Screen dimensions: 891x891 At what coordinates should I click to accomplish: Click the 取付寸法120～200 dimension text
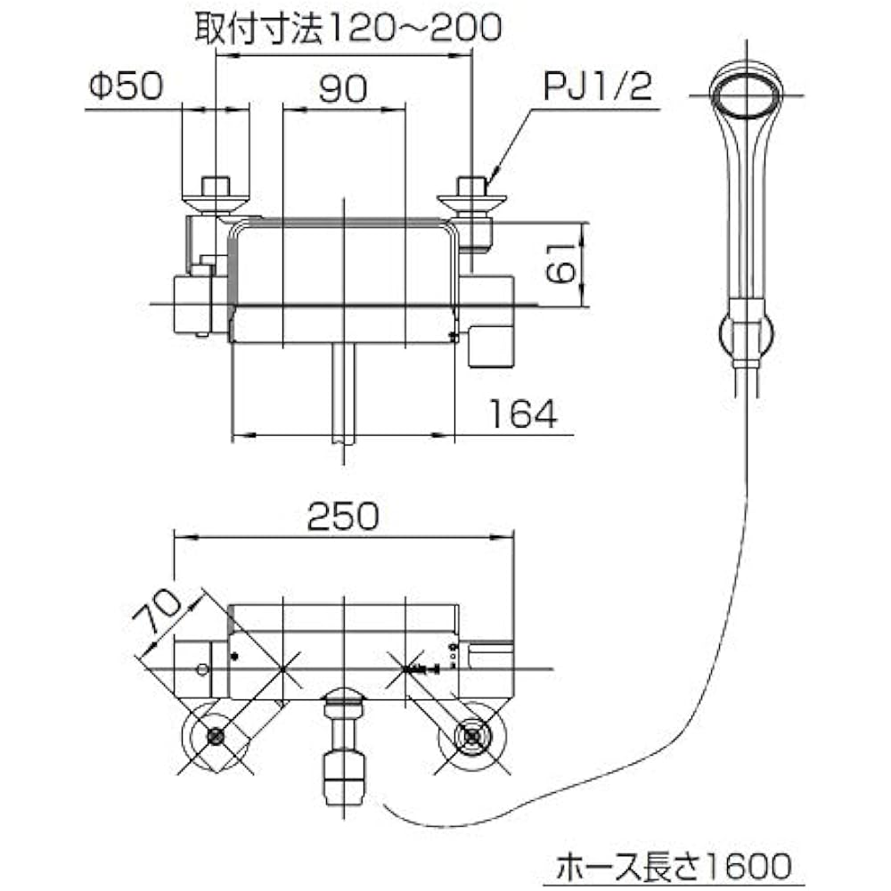tap(348, 28)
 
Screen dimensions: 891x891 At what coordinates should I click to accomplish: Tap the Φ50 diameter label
tap(127, 86)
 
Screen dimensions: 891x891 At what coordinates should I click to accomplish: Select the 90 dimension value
tap(343, 88)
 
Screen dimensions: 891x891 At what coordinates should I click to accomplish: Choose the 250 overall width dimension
tap(343, 516)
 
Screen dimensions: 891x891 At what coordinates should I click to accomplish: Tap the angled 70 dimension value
tap(156, 611)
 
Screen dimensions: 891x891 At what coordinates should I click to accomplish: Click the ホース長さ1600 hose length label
tap(674, 867)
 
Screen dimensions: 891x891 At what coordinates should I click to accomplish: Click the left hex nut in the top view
tap(216, 186)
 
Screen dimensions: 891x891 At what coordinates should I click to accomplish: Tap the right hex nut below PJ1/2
tap(472, 186)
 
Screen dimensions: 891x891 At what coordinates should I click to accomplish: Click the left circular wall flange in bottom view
tap(216, 737)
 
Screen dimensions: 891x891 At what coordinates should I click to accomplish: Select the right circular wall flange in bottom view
tap(472, 737)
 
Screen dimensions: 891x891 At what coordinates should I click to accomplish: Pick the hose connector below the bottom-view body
tap(343, 750)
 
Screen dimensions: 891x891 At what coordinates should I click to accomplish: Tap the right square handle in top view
tap(492, 347)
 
